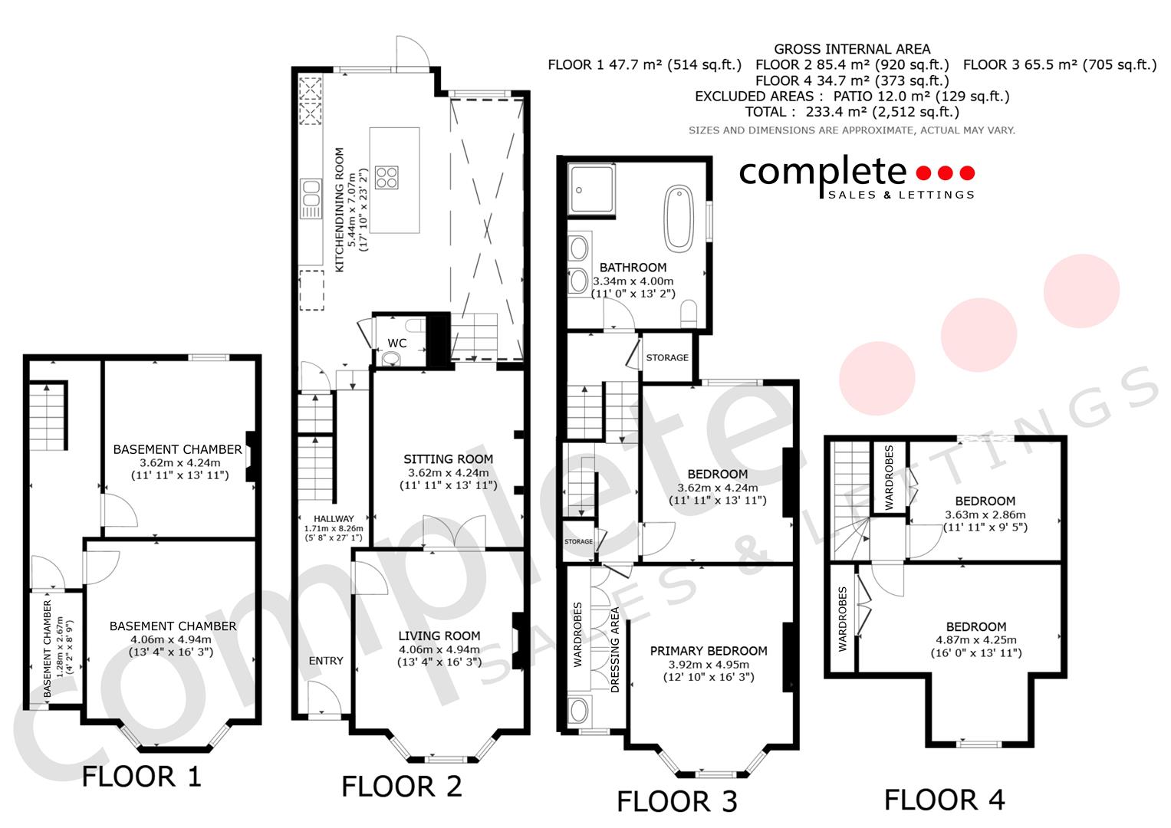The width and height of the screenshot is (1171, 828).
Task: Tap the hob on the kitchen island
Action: coord(386,177)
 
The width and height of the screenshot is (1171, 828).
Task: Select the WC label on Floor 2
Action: coord(397,343)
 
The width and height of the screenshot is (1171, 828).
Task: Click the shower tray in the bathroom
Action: coord(591,189)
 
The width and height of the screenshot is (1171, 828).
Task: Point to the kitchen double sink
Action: coord(311,199)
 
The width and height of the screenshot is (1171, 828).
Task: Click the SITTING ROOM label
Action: coord(448,459)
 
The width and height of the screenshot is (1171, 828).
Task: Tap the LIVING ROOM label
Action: coord(439,636)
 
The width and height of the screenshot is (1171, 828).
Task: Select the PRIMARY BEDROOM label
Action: coord(709,651)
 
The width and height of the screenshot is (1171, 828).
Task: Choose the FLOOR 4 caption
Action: coord(944,800)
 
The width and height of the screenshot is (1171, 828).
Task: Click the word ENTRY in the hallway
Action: coord(326,661)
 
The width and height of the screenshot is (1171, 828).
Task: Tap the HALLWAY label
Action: coord(334,518)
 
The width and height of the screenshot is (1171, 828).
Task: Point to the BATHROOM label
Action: coord(633,267)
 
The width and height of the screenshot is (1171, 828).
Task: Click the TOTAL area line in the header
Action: coord(852,112)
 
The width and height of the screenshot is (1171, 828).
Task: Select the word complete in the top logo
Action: coord(822,172)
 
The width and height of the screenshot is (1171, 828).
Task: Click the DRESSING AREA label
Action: coord(615,650)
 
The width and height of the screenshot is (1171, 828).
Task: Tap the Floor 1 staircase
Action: coord(48,416)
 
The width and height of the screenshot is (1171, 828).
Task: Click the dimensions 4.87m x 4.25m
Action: coord(976,640)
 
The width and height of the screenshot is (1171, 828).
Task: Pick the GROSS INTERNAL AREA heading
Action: coord(852,49)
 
